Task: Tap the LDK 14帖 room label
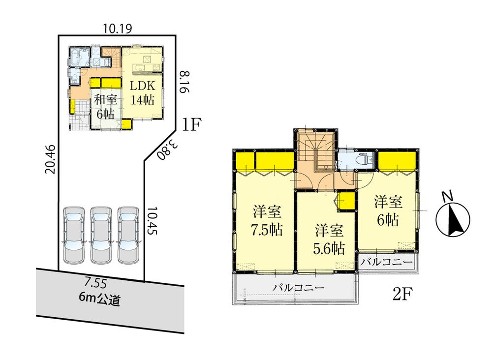(142, 92)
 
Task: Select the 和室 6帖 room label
(105, 106)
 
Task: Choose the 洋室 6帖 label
(388, 210)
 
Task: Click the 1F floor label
(191, 124)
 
